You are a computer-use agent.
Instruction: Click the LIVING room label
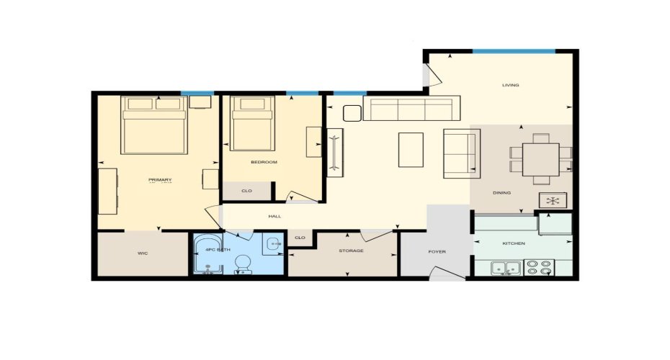point(511,85)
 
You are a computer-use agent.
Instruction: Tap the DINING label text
point(501,193)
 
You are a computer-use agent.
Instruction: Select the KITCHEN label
point(514,243)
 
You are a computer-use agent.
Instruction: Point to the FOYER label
point(437,252)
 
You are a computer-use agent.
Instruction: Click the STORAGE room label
point(351,251)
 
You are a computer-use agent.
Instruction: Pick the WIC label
point(143,253)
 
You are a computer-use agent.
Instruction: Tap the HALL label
point(274,216)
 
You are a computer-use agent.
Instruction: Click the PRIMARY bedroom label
point(160,179)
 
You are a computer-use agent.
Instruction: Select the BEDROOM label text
point(264,162)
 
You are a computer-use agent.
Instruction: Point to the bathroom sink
point(273,244)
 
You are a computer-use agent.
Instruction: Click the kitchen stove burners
point(539,268)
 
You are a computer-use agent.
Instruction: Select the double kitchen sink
point(506,269)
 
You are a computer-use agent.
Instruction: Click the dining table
point(540,158)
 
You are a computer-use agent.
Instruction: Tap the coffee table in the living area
point(411,149)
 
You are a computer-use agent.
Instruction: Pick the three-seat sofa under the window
point(411,109)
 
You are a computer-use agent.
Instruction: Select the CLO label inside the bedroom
point(246,191)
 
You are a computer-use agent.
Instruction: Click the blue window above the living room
point(514,51)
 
